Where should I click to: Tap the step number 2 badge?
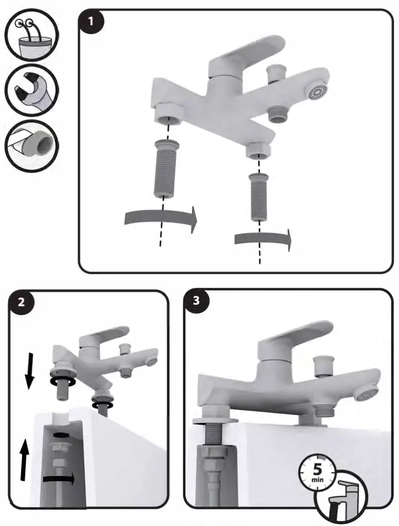[22, 302]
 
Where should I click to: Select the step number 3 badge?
[196, 301]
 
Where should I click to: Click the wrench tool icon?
[31, 90]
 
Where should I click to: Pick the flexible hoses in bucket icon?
[31, 36]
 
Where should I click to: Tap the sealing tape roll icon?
[31, 145]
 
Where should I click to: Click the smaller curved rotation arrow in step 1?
[263, 239]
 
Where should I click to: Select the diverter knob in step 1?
[276, 73]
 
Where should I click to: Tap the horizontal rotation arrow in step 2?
[59, 479]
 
